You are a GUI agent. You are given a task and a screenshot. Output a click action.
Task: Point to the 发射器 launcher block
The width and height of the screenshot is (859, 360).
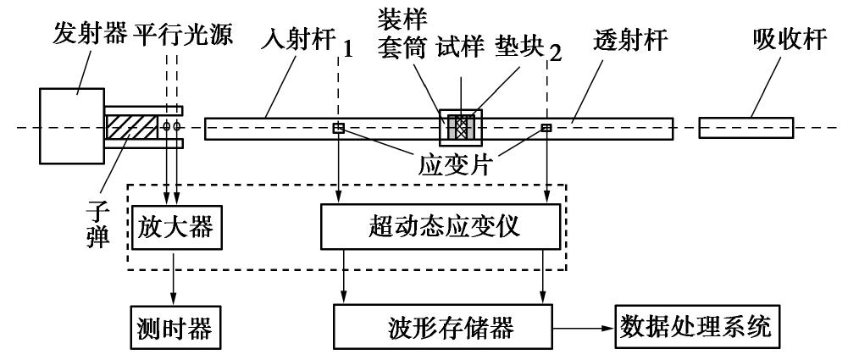(x=71, y=128)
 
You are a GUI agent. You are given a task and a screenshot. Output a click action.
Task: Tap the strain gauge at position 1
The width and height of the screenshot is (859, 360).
(x=338, y=129)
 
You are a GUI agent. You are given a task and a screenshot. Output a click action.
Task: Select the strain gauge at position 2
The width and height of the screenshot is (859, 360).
(x=546, y=129)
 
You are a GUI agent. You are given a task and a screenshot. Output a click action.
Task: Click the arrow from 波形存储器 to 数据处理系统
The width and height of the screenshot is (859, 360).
(x=585, y=326)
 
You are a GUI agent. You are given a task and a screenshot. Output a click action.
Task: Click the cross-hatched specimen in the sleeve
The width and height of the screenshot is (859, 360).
(x=462, y=129)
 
